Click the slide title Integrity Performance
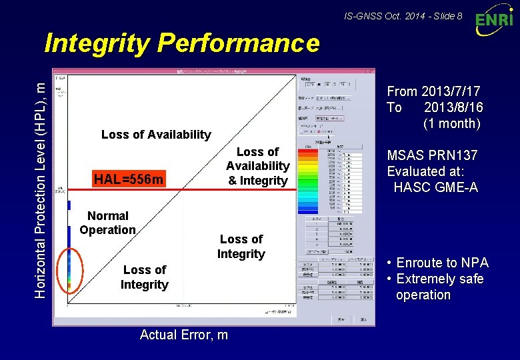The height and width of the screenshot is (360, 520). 181,44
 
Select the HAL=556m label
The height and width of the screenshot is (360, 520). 129,179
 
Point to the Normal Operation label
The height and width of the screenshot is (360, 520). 107,223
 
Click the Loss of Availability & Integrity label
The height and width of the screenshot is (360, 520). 257,166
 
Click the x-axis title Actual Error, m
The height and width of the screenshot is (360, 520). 183,335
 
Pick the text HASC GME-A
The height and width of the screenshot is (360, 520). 435,187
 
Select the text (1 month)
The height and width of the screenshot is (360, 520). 451,123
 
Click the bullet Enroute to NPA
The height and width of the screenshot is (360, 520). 442,263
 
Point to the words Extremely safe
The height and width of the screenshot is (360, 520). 439,279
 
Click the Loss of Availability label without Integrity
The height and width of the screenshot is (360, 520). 155,135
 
